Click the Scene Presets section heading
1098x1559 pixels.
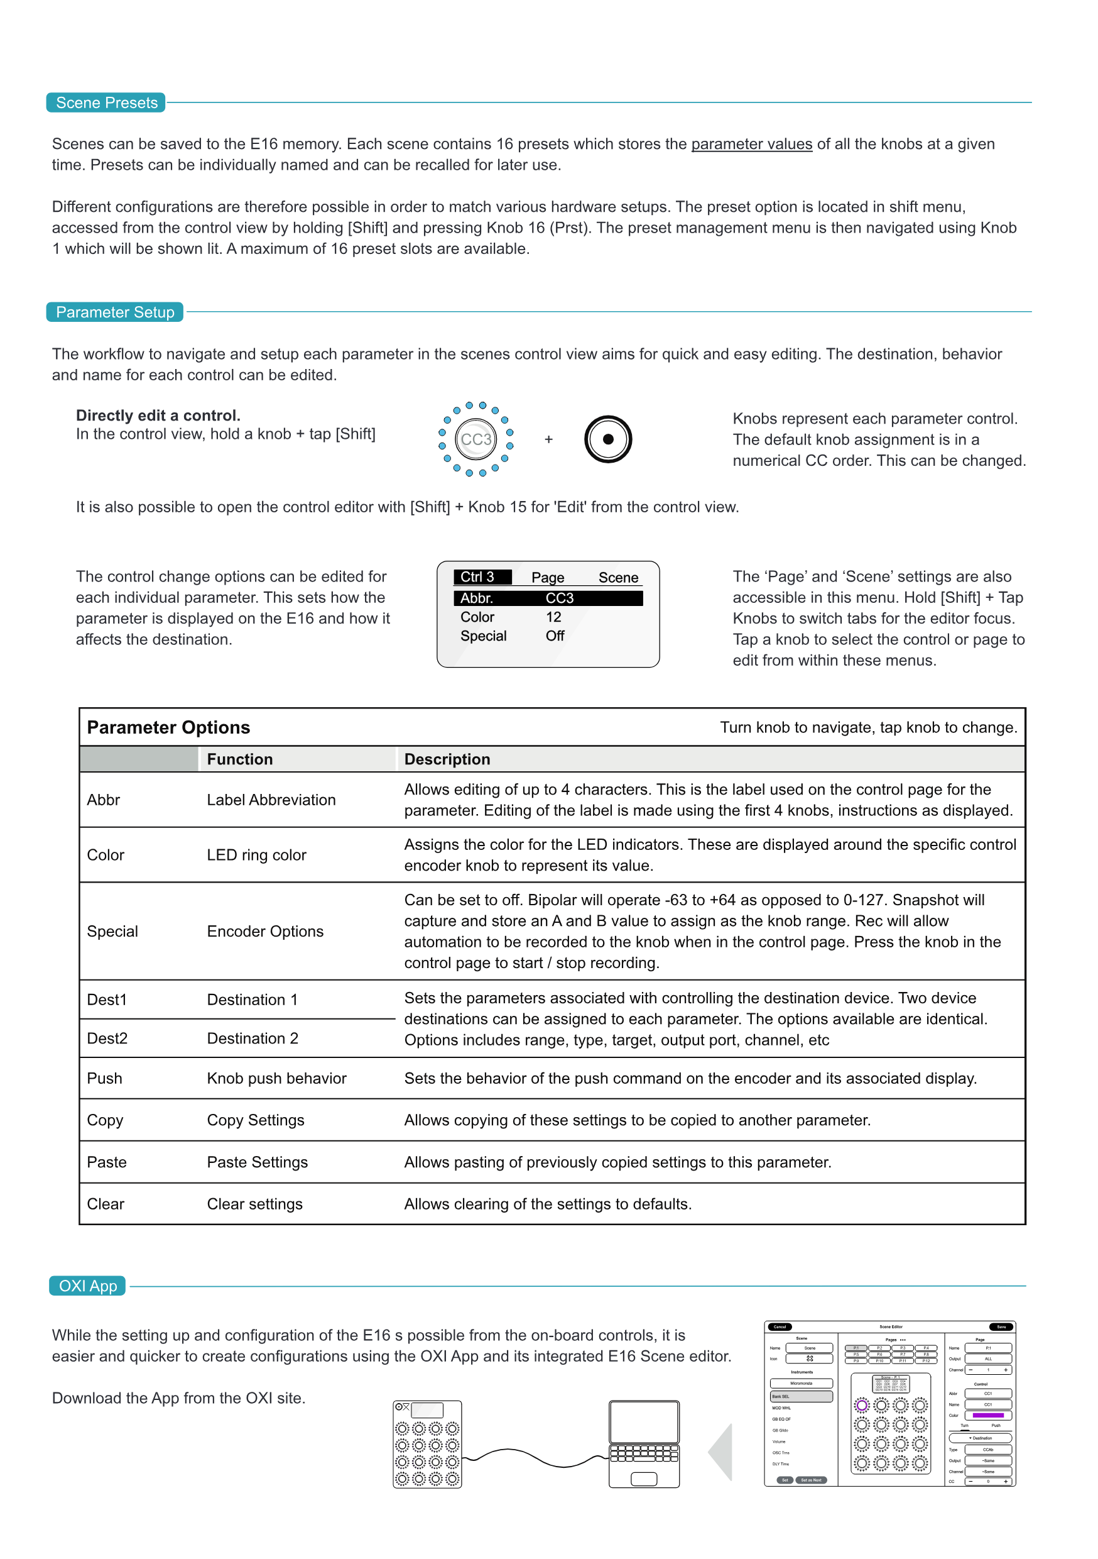click(106, 102)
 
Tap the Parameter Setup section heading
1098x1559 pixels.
click(115, 312)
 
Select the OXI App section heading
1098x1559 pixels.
click(87, 1286)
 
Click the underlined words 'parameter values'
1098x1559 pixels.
click(751, 144)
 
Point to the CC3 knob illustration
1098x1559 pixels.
click(476, 439)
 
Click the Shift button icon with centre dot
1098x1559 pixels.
click(607, 439)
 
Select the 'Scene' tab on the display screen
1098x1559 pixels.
click(617, 577)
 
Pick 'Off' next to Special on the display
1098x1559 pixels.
click(555, 636)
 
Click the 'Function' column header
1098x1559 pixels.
click(239, 759)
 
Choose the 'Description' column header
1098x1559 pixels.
click(447, 759)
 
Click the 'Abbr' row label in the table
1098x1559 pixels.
click(103, 800)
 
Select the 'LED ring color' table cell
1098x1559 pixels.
click(256, 855)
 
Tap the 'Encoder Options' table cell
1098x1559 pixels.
click(264, 931)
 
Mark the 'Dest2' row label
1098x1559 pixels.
click(107, 1038)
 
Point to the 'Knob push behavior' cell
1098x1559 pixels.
click(276, 1078)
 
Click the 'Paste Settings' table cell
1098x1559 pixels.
click(257, 1162)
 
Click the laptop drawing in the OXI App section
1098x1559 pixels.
click(643, 1443)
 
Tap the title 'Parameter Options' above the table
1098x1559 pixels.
click(168, 727)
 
